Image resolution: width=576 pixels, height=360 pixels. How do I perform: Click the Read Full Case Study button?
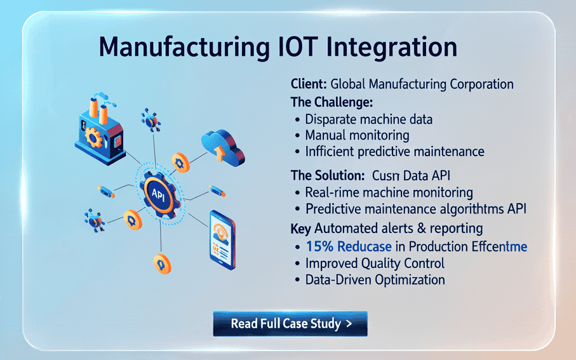point(290,323)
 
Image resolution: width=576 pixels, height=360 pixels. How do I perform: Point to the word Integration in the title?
point(395,49)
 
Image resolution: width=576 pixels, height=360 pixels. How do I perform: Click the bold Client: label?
point(309,84)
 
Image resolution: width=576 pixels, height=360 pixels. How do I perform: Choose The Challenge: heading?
point(331,102)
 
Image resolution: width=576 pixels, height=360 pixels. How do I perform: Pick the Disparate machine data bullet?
point(369,119)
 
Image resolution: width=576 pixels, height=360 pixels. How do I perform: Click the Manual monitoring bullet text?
point(357,135)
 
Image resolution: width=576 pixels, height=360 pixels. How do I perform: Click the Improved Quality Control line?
point(375,263)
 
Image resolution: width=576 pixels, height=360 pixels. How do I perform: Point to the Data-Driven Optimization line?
point(375,279)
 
